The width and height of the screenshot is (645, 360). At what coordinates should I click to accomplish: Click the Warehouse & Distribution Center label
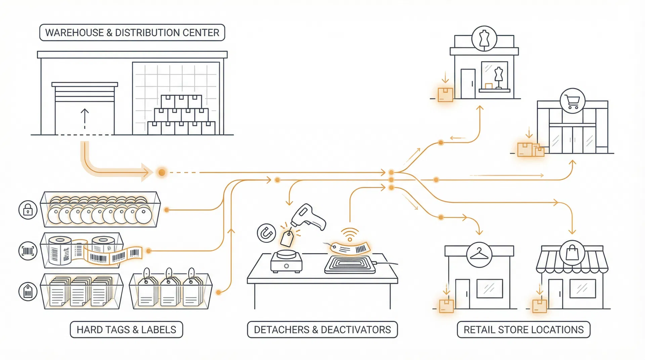click(x=132, y=33)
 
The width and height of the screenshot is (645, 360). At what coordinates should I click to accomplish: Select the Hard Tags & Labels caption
click(x=126, y=329)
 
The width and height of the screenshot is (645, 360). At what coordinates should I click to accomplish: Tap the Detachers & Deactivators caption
click(x=322, y=329)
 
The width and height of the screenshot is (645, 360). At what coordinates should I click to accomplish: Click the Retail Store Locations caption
click(x=523, y=329)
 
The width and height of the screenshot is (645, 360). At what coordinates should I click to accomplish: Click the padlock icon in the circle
click(x=28, y=210)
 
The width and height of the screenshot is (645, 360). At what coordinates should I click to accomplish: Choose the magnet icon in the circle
click(x=266, y=233)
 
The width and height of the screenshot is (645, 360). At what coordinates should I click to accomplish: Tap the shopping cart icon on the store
click(x=572, y=101)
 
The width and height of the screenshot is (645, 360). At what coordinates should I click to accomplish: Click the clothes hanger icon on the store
click(x=479, y=255)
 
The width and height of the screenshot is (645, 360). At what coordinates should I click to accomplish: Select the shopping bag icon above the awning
click(x=572, y=253)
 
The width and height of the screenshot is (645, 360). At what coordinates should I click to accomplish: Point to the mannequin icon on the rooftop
click(x=484, y=39)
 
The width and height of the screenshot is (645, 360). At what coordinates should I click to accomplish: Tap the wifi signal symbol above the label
click(x=350, y=234)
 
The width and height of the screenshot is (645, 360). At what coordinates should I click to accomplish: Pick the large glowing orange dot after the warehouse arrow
click(x=162, y=173)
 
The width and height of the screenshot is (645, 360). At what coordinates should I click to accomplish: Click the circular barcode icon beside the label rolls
click(x=28, y=251)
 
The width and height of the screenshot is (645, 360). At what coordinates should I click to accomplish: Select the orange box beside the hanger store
click(x=446, y=306)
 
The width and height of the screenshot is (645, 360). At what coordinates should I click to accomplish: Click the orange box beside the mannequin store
click(x=445, y=95)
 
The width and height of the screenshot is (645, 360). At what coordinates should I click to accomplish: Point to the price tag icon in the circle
click(x=28, y=291)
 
